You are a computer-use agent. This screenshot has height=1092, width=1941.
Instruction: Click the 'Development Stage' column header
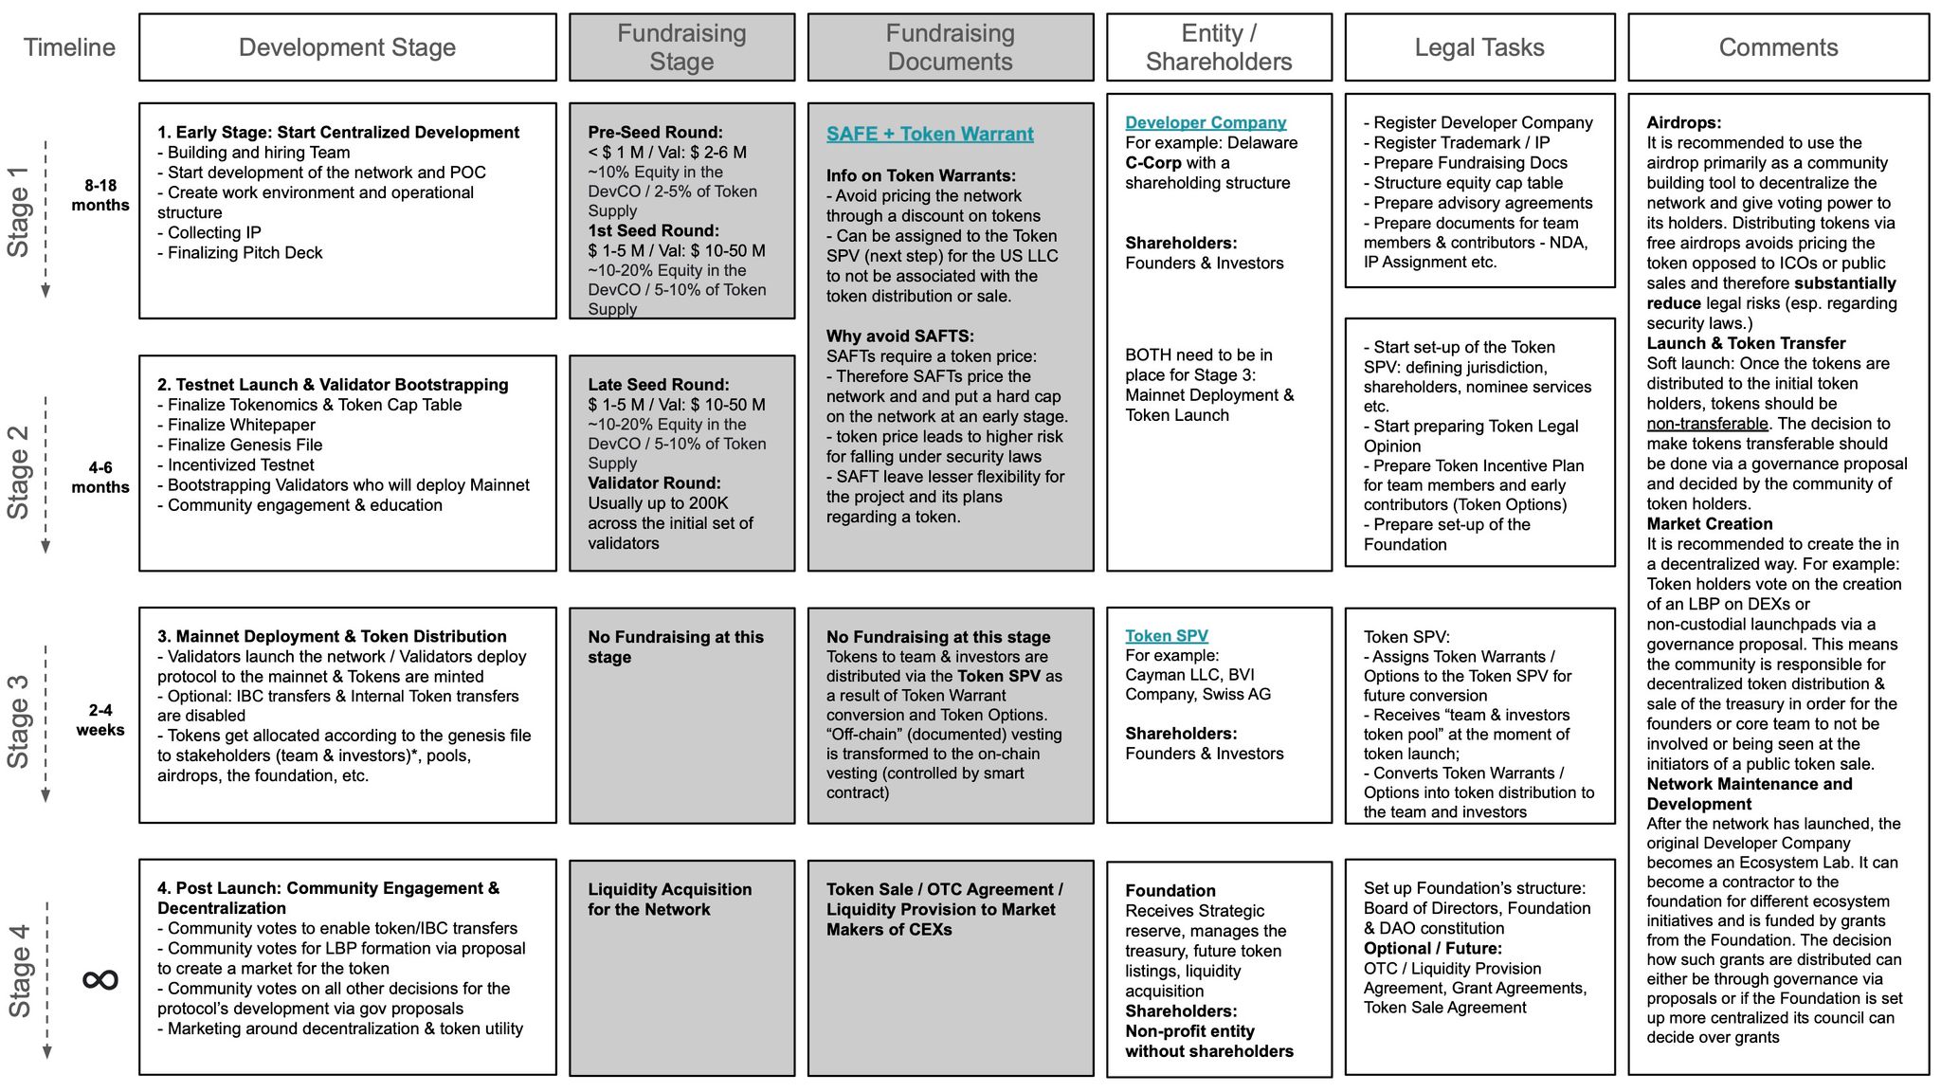[x=347, y=47]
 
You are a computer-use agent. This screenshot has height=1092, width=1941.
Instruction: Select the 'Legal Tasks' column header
[x=1478, y=47]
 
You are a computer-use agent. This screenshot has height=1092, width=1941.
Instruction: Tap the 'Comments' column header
[x=1778, y=47]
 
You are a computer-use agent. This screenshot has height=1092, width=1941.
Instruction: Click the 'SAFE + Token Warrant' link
[x=929, y=134]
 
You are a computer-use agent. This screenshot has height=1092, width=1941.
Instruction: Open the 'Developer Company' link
[x=1206, y=122]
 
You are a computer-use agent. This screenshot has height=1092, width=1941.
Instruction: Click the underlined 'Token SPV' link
[x=1167, y=636]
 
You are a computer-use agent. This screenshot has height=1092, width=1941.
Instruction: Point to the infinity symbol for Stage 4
[x=100, y=978]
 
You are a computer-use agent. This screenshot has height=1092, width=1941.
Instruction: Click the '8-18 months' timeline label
[x=100, y=195]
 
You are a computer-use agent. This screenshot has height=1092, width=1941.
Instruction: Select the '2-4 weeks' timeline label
[x=100, y=719]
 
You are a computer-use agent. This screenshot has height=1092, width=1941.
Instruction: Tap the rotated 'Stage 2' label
[x=19, y=471]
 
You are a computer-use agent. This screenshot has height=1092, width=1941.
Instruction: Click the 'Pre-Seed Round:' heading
[x=655, y=133]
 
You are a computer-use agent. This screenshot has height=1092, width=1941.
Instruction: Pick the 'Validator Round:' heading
[x=654, y=483]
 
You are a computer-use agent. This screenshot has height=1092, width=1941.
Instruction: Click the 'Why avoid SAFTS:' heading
[x=899, y=337]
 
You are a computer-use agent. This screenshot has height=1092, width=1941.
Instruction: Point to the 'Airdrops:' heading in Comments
[x=1683, y=122]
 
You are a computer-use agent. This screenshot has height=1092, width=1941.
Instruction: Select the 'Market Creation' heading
[x=1709, y=524]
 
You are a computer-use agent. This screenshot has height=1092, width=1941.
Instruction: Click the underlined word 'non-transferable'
[x=1707, y=424]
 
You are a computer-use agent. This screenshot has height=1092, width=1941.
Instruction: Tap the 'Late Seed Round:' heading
[x=658, y=385]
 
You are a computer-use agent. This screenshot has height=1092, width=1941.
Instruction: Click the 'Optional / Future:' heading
[x=1432, y=949]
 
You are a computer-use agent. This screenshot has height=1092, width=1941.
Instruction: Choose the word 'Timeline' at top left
[x=69, y=47]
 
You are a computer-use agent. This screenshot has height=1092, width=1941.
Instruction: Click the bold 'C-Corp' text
[x=1153, y=163]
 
